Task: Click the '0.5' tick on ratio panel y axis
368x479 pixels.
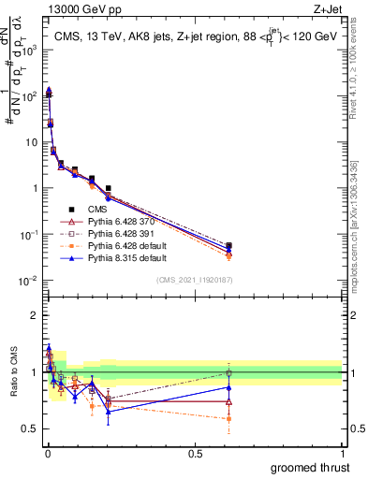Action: (x=31, y=428)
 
